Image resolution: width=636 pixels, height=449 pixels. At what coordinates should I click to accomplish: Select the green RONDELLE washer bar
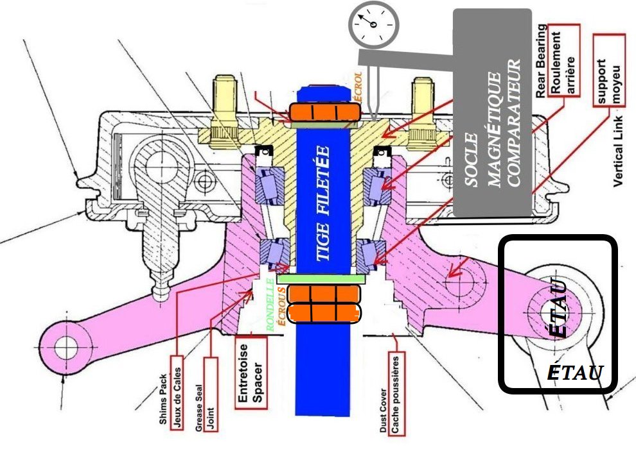point(321,279)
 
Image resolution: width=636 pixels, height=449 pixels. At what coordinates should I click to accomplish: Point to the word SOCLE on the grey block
point(472,160)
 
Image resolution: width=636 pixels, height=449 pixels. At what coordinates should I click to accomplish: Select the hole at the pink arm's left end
point(64,347)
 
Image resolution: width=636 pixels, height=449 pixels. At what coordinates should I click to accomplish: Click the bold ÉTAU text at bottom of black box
point(574,371)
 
